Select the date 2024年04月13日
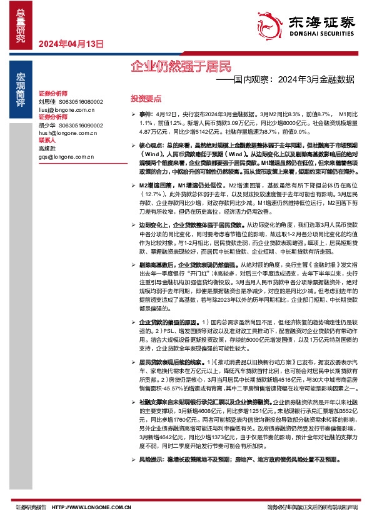point(71,44)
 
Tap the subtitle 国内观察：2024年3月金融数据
point(294,80)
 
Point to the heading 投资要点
point(145,99)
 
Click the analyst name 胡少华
point(47,125)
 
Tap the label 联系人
point(48,141)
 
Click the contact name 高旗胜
point(47,149)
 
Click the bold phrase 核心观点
point(149,144)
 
